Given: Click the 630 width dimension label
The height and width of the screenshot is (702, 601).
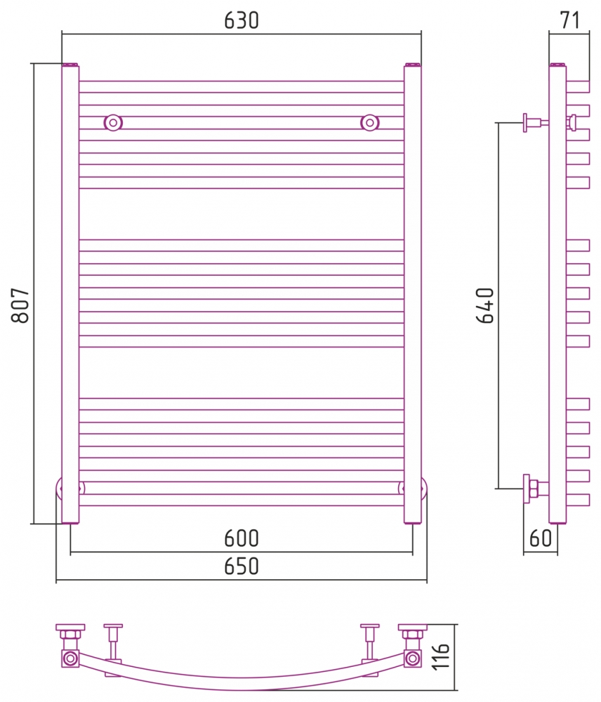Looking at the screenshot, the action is (242, 20).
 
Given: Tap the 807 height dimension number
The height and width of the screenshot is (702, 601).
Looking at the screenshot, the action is (20, 305).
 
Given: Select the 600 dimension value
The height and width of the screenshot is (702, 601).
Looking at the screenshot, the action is (242, 538).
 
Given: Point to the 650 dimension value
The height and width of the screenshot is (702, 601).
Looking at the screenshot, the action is (242, 566).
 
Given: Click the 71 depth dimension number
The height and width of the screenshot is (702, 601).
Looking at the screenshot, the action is (569, 20).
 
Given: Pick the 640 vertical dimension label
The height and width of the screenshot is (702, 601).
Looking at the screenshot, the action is (485, 305).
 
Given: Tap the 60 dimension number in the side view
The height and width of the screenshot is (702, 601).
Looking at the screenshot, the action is (541, 538).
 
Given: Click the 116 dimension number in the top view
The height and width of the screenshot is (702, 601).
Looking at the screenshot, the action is (440, 656).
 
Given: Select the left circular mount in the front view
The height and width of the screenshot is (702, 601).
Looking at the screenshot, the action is (113, 122).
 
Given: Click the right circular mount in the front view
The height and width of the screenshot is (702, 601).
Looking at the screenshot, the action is (370, 122).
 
